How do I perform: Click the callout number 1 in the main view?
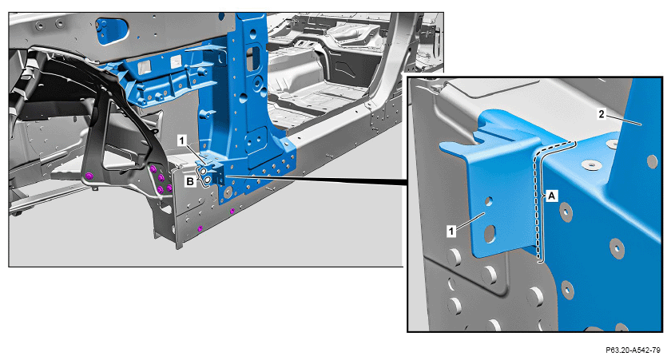click(182, 140)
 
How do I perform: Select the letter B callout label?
click(190, 181)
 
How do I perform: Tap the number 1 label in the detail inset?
click(451, 231)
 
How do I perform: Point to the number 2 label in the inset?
click(602, 114)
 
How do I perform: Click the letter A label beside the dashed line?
click(552, 196)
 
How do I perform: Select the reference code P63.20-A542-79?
click(633, 350)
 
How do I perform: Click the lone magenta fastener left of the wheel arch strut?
click(89, 176)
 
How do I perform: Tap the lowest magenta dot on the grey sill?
click(200, 229)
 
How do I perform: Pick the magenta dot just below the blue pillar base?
click(232, 212)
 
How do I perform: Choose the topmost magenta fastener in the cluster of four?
click(153, 170)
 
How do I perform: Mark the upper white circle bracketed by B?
click(204, 172)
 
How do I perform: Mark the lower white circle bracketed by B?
click(207, 180)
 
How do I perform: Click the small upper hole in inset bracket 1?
click(489, 201)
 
